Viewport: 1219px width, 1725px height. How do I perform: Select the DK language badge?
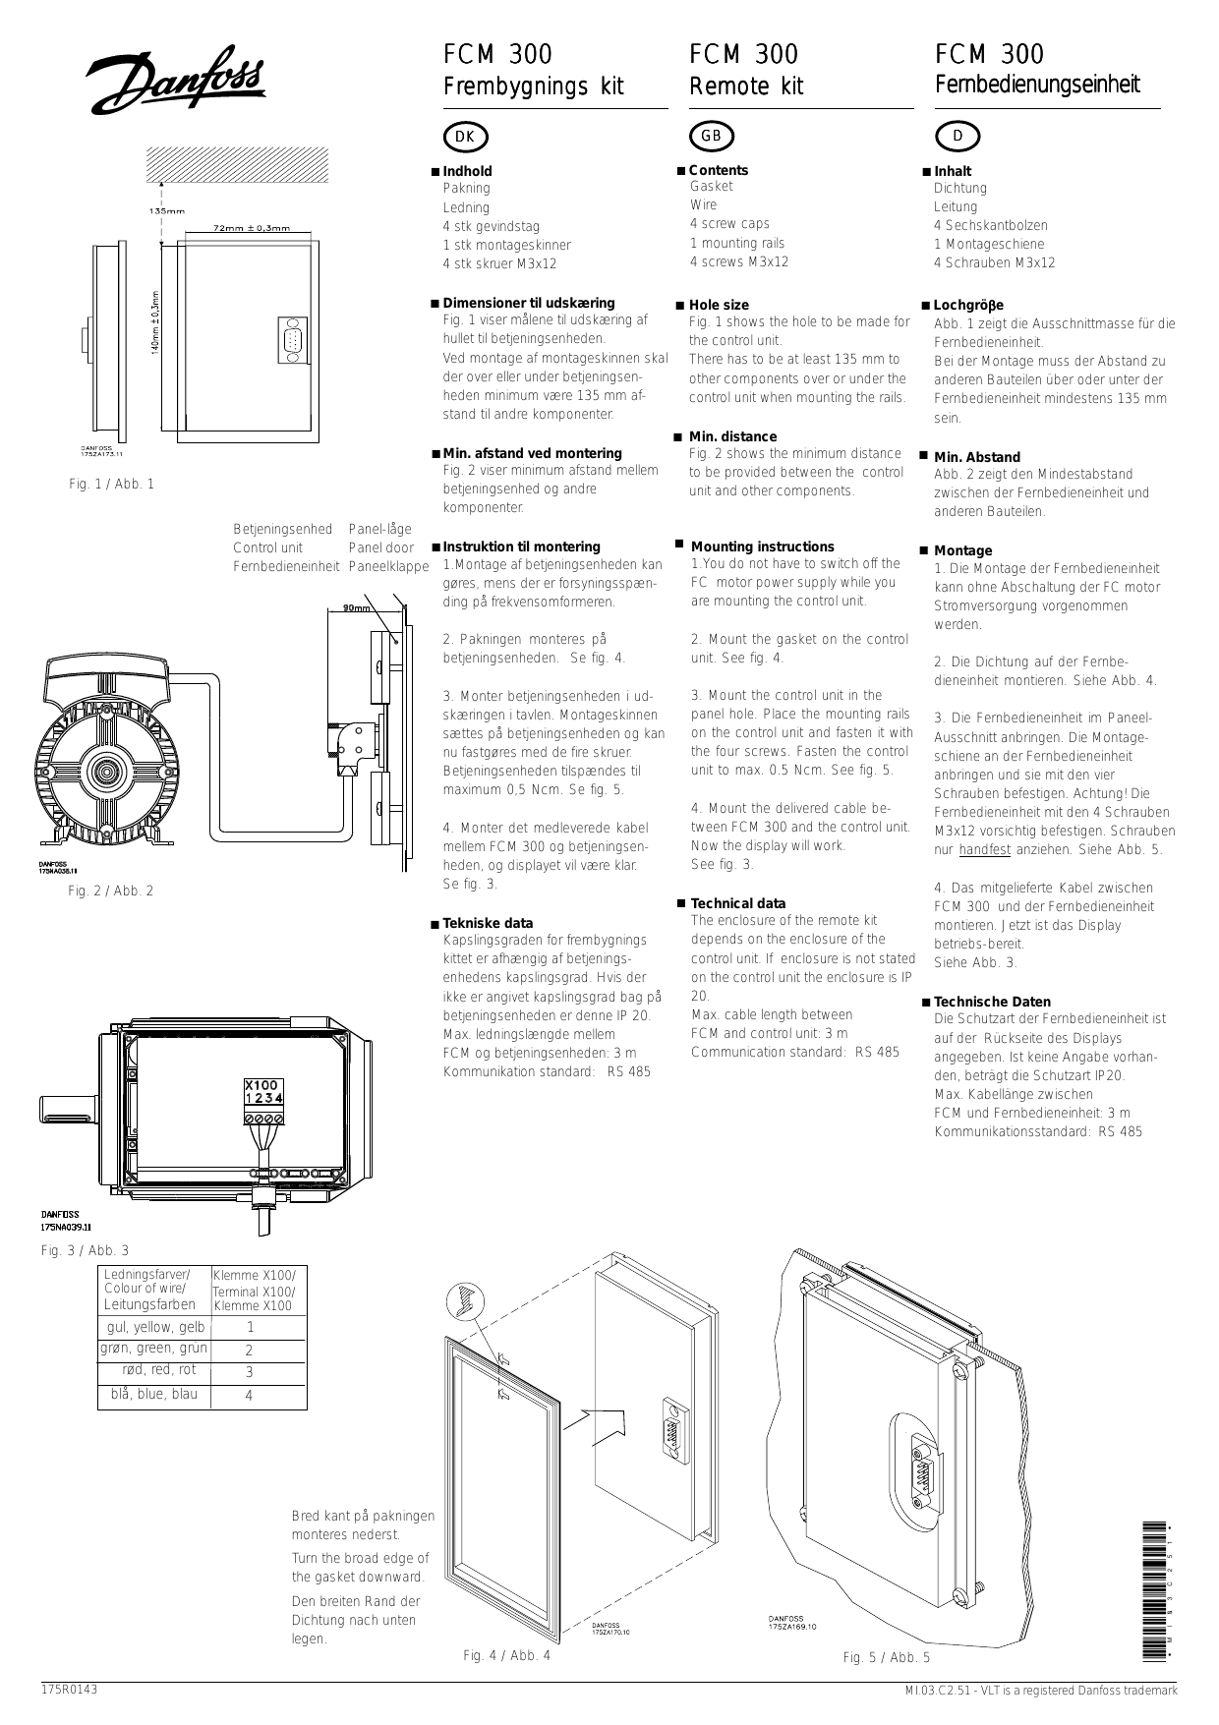coord(466,137)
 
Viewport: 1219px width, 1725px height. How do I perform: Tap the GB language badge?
coord(712,136)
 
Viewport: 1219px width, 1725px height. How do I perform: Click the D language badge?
coord(958,136)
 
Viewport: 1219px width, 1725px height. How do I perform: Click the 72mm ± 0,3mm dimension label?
coord(252,228)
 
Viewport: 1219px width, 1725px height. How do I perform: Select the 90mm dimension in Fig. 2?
coord(356,608)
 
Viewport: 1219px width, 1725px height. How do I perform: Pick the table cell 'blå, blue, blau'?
coord(152,1394)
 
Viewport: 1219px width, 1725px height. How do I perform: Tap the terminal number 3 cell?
coord(249,1372)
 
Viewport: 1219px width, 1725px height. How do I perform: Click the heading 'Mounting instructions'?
coord(762,546)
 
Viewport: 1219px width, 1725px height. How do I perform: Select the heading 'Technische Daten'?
coord(991,1002)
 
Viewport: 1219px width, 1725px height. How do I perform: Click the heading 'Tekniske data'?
coord(488,923)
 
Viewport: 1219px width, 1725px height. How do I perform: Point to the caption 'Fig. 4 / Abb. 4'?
coord(506,1655)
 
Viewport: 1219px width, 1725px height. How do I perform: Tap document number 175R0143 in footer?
coord(69,1690)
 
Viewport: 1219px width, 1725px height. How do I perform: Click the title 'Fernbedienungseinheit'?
coord(1037,85)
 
